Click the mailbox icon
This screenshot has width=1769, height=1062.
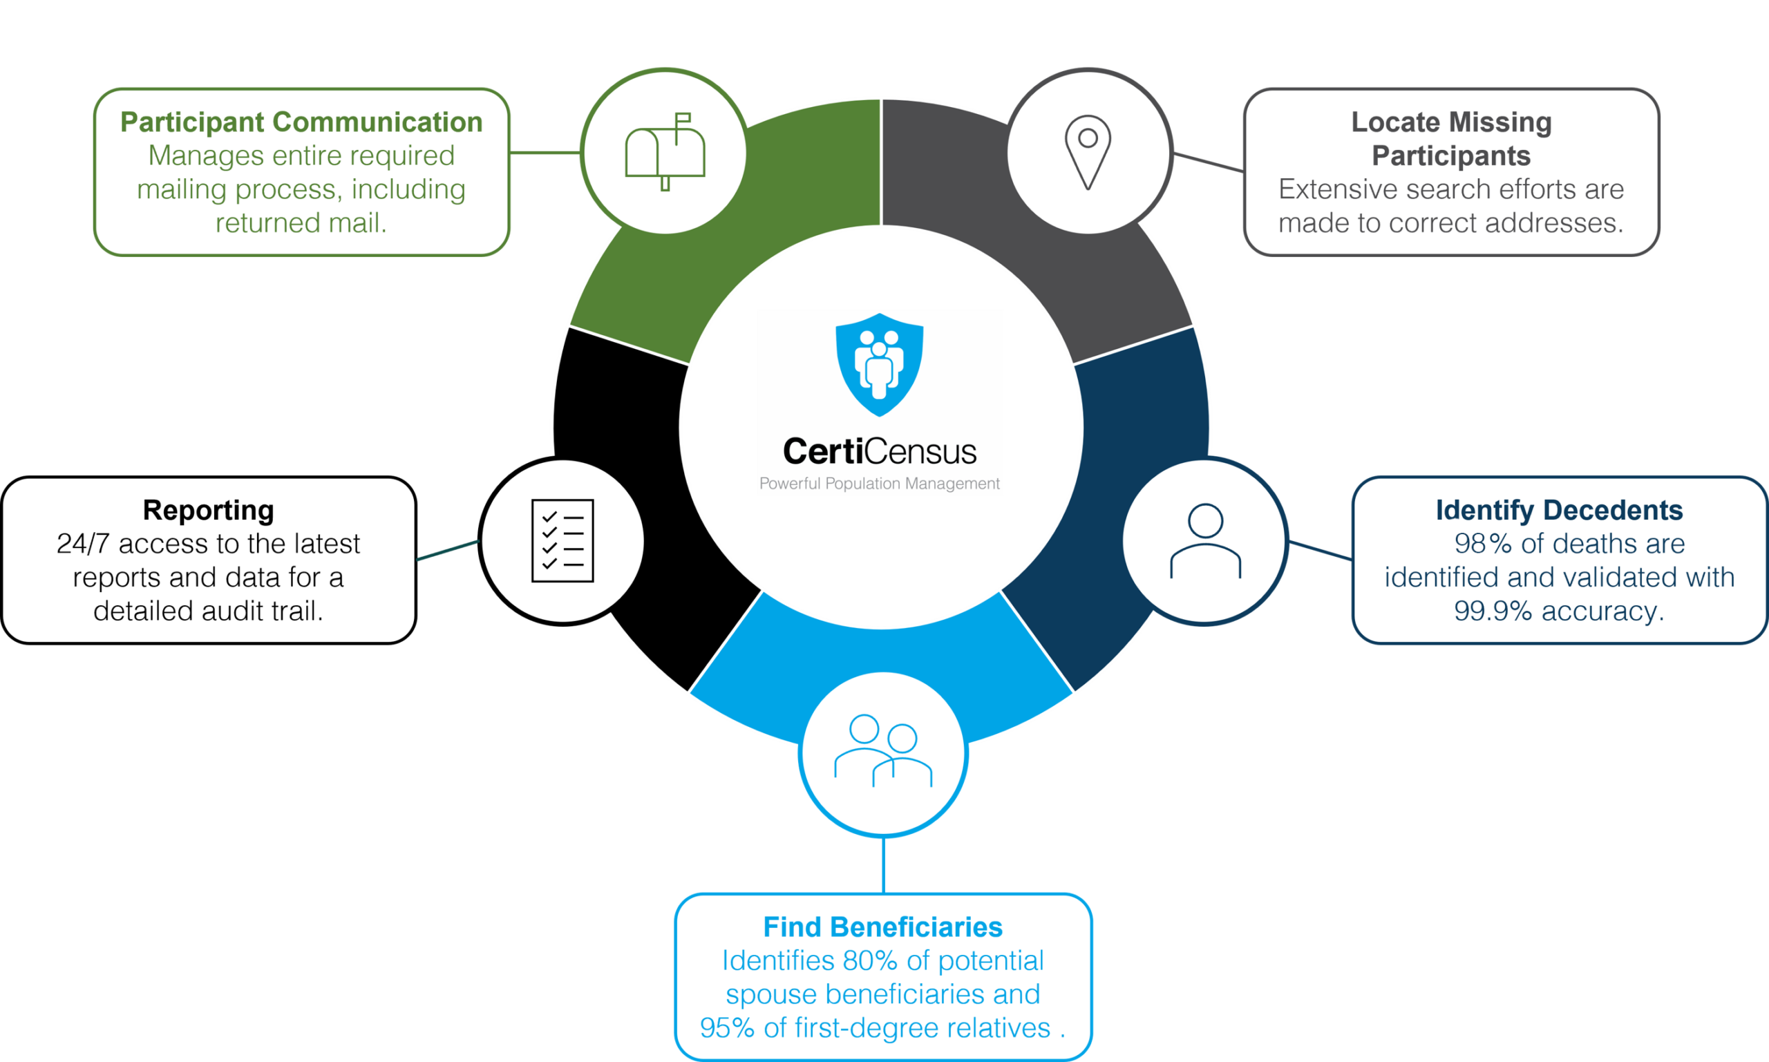[x=665, y=152]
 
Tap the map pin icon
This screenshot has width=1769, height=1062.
[x=1088, y=152]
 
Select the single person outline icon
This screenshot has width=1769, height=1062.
[x=1205, y=540]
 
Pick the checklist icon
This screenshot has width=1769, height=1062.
[x=562, y=540]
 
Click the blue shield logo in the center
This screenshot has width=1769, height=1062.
[x=880, y=364]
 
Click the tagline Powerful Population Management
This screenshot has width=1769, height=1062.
[x=880, y=484]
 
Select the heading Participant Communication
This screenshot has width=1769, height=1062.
[x=301, y=122]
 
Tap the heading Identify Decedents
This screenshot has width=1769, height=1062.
[x=1560, y=510]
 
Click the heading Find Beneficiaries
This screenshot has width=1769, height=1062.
[x=883, y=927]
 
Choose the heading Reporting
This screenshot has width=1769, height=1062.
[x=208, y=510]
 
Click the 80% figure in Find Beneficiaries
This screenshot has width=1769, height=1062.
[x=869, y=960]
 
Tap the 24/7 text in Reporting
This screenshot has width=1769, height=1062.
[x=82, y=544]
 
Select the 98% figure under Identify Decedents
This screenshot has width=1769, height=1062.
[x=1484, y=544]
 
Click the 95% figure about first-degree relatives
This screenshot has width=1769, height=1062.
[x=727, y=1027]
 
